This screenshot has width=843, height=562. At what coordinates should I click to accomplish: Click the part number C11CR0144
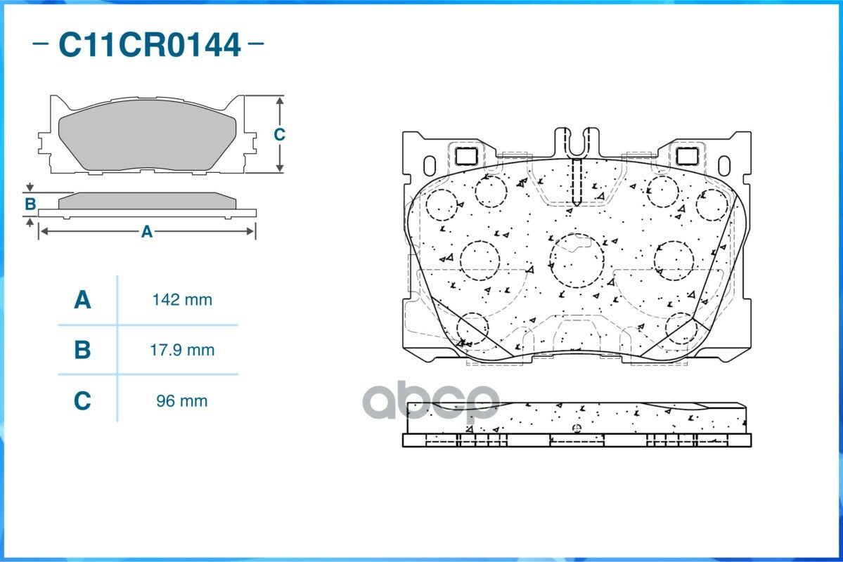[x=150, y=44]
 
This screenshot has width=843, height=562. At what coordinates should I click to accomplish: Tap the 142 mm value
[x=182, y=299]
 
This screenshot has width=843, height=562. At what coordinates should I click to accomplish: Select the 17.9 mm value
[x=182, y=350]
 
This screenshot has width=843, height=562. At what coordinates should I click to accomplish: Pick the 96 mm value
[x=181, y=401]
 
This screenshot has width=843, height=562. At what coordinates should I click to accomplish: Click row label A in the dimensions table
[x=82, y=299]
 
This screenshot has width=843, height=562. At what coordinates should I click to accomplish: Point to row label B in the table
[x=82, y=350]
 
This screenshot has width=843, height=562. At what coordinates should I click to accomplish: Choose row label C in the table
[x=82, y=401]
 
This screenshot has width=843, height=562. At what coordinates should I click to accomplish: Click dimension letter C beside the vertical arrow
[x=279, y=134]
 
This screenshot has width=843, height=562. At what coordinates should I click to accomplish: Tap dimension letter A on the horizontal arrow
[x=147, y=232]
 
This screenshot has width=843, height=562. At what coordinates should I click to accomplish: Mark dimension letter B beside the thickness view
[x=31, y=204]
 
